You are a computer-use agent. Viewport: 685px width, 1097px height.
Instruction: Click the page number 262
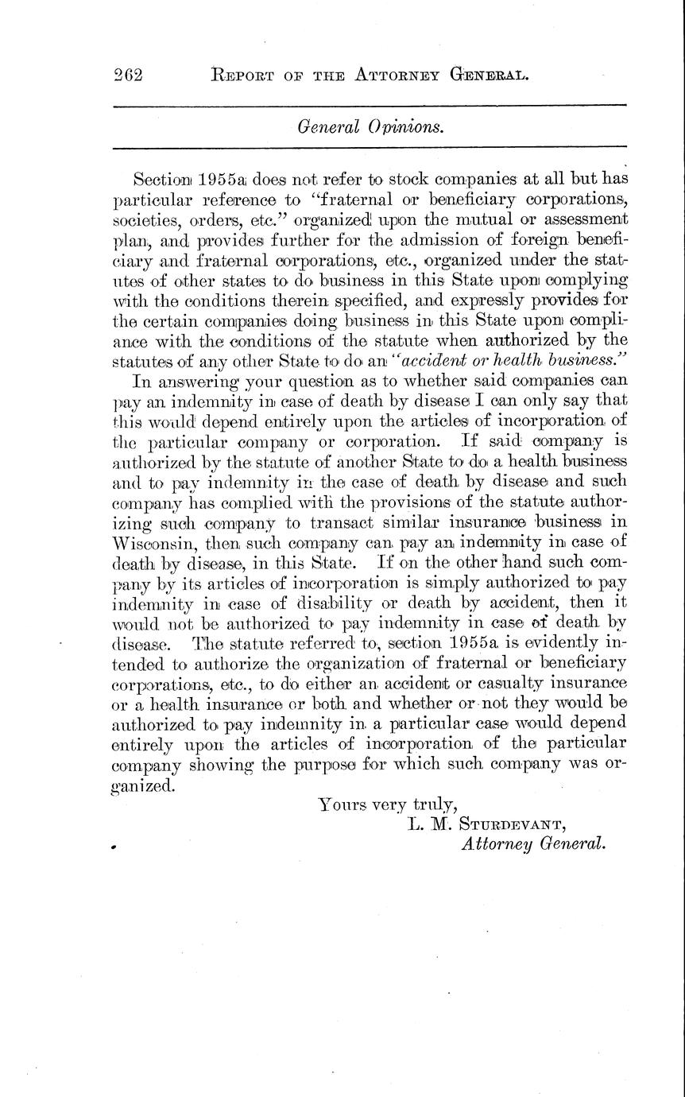click(127, 76)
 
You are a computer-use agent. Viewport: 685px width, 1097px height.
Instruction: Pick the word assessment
click(588, 219)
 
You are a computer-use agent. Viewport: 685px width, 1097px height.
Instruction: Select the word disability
click(365, 603)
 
